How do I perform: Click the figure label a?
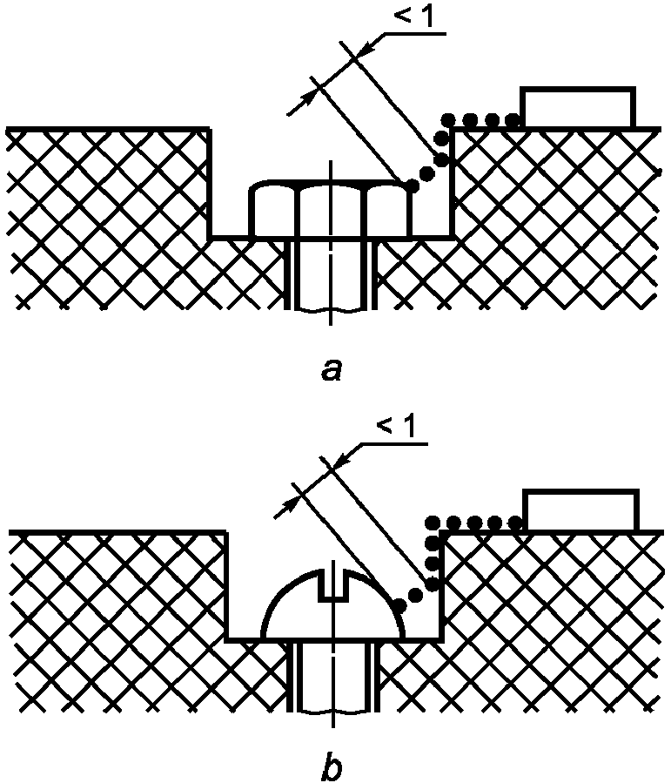click(330, 371)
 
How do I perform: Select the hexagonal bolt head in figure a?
click(330, 210)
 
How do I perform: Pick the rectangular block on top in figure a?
click(577, 108)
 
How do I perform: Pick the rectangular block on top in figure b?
click(579, 510)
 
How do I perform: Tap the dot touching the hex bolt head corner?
click(411, 182)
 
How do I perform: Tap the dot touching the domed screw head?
click(399, 604)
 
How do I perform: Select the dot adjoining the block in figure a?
click(513, 119)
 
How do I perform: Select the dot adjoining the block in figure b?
click(516, 523)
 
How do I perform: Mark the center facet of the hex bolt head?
click(330, 212)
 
